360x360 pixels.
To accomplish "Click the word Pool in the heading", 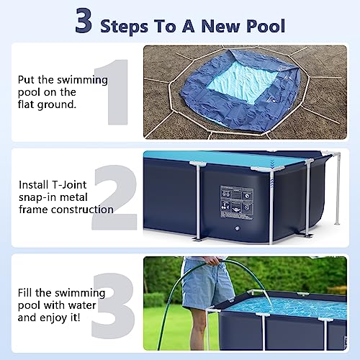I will click(263, 27).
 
